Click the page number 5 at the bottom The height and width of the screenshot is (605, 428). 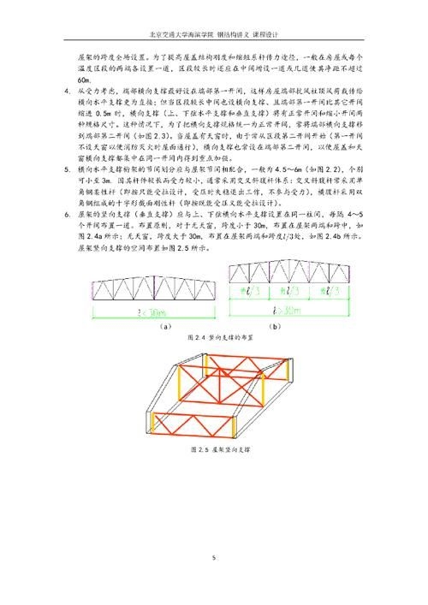[214, 557]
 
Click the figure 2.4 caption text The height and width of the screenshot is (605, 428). [214, 341]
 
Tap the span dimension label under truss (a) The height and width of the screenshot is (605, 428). [140, 311]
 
